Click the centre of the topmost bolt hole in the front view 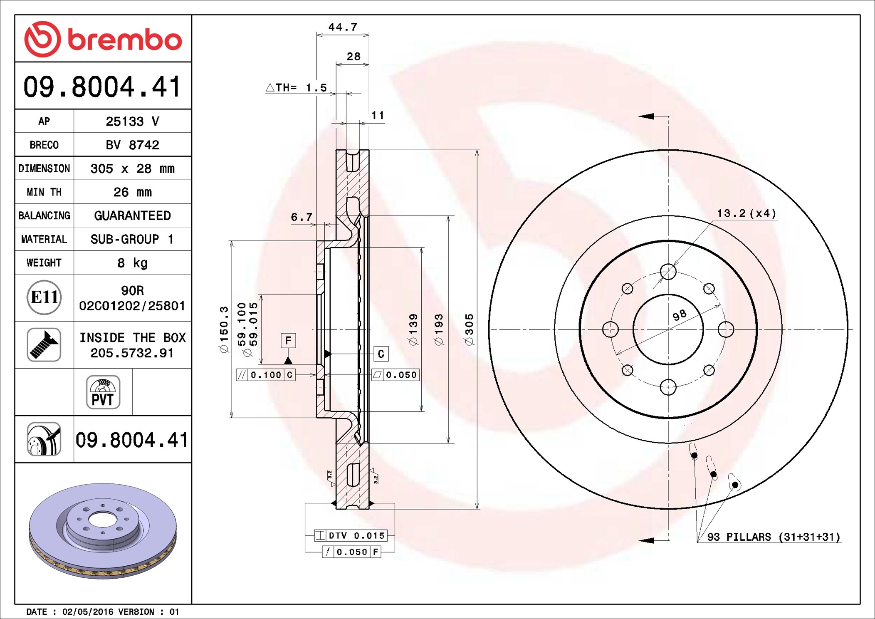point(668,272)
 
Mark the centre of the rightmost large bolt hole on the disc point(726,329)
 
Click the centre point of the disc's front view point(668,329)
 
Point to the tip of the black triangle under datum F point(288,357)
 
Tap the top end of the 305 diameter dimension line point(477,150)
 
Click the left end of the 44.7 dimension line point(317,35)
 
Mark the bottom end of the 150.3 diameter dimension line point(232,417)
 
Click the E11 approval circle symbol point(44,297)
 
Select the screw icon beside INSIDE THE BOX point(44,344)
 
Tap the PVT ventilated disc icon point(103,392)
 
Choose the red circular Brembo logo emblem point(42,39)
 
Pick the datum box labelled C point(381,354)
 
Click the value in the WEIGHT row point(132,262)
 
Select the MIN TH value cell point(132,192)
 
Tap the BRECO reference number point(132,145)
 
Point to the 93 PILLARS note point(774,537)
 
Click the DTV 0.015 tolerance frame point(351,535)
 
